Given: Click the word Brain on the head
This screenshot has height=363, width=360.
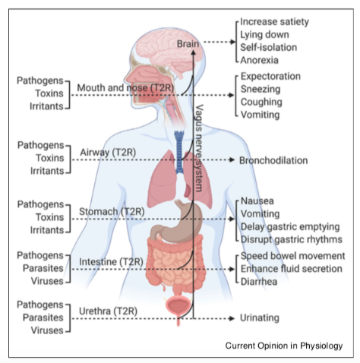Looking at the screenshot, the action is point(188,44).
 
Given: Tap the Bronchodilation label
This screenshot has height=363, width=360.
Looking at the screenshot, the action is point(273,160).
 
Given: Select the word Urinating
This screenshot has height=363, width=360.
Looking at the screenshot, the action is point(260,318).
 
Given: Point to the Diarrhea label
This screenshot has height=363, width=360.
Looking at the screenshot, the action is point(259,282).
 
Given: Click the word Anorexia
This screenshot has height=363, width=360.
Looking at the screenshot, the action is point(259,60).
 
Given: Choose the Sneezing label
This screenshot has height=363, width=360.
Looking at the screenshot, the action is point(261,89).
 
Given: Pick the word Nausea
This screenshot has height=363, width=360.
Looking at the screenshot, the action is point(257,201).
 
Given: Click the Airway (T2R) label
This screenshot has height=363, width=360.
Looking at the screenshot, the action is point(108,153).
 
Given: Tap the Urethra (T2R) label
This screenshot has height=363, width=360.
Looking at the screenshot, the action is point(108,311).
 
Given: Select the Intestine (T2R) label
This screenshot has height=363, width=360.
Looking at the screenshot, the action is point(111,262).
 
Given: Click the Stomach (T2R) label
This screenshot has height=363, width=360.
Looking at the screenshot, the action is point(112,212).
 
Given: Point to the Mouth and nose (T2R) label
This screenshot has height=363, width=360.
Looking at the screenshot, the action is point(125,88).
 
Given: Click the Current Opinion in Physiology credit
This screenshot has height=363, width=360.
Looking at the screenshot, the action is point(284,346).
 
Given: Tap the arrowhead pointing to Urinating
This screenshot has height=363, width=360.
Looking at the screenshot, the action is point(232,318).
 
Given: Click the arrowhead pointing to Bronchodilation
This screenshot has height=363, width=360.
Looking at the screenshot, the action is point(232,159).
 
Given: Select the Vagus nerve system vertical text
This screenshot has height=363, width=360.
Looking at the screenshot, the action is point(200,148).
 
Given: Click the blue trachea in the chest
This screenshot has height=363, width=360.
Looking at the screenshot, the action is point(179,151).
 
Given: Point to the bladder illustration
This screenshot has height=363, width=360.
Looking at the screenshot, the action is point(178,307).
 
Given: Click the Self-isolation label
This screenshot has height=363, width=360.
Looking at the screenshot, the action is point(268,47).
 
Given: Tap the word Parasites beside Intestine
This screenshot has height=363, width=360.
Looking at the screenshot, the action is point(43,268).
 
